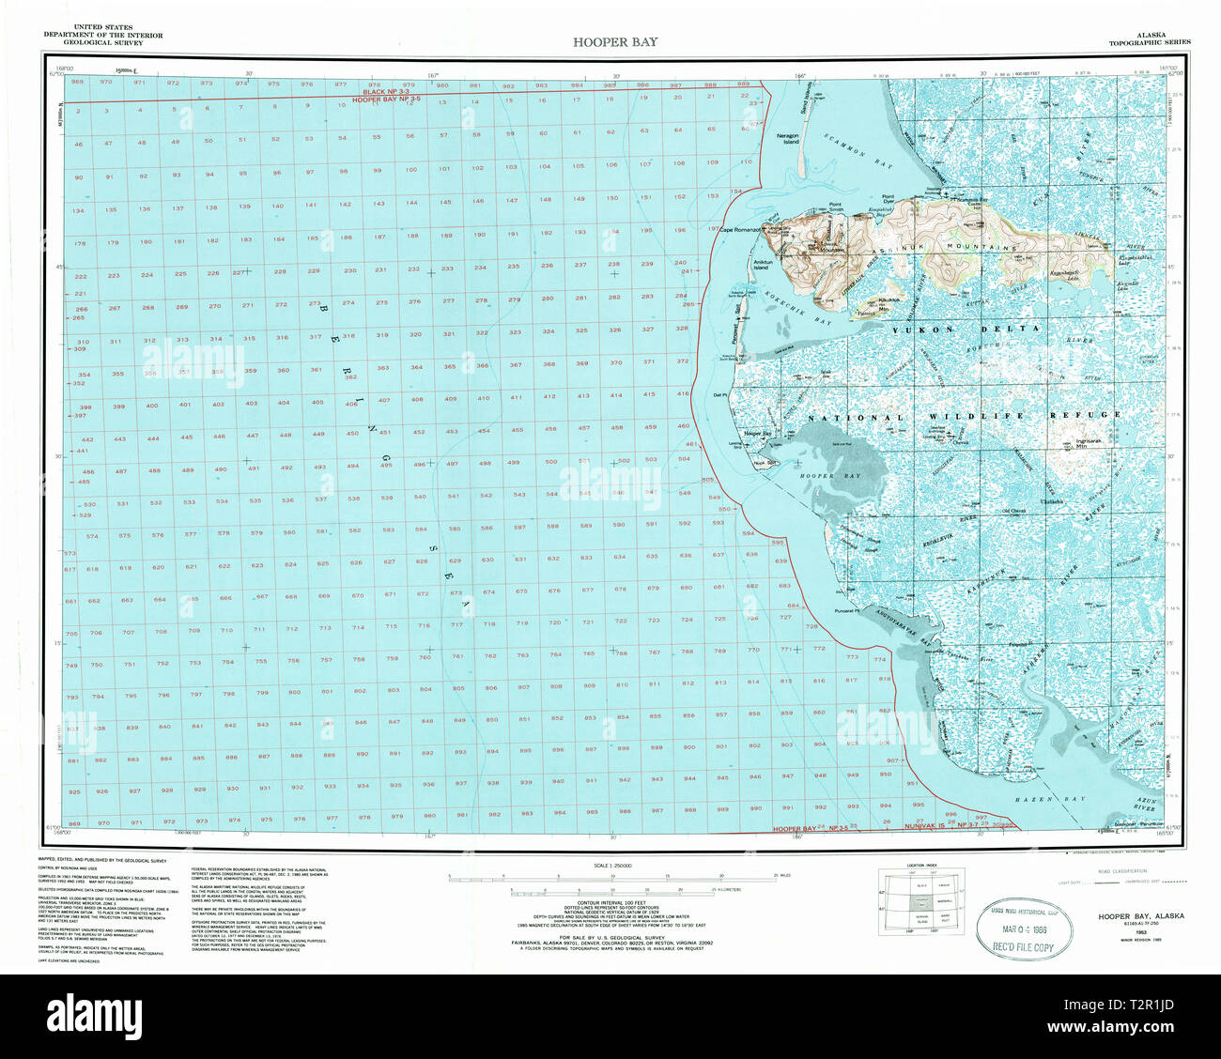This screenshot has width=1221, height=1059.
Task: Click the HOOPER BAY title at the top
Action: tap(615, 42)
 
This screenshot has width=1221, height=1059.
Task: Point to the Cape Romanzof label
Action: tap(787, 227)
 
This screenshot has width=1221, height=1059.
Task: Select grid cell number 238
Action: tap(614, 265)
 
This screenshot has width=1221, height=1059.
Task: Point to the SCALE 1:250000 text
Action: tap(610, 865)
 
